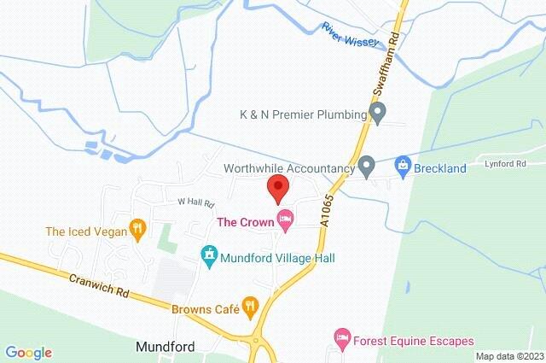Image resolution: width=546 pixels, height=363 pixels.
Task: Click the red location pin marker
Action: point(276,188)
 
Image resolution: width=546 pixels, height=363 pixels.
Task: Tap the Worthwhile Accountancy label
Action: point(288,168)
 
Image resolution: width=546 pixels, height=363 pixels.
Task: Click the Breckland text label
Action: point(441,168)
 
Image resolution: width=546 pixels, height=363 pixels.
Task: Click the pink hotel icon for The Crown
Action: point(286,223)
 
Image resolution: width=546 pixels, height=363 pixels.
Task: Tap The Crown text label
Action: point(244,223)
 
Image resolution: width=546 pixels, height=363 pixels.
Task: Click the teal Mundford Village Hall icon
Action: point(208,255)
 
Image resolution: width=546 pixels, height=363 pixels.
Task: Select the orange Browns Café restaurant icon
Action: point(250,304)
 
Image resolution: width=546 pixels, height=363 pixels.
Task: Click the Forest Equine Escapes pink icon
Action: point(342,339)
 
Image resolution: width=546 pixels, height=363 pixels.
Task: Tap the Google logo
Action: point(27,352)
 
